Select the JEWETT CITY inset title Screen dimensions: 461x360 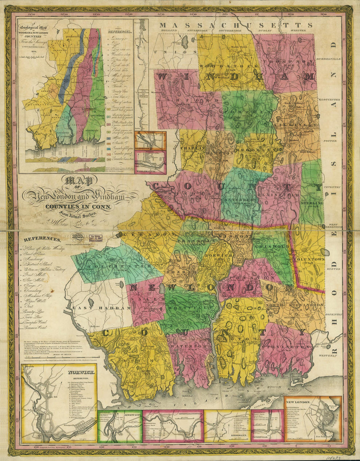[x=129, y=414]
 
